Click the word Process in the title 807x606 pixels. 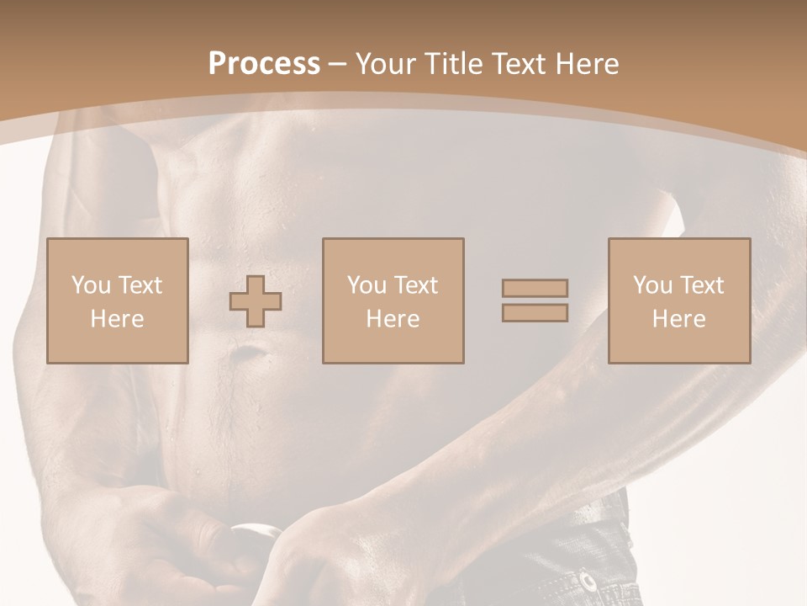click(x=264, y=64)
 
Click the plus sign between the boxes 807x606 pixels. click(x=256, y=300)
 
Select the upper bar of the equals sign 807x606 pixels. click(x=535, y=288)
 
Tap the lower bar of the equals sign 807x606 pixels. click(x=535, y=313)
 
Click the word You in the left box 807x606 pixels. click(x=91, y=285)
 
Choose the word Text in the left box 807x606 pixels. click(x=140, y=285)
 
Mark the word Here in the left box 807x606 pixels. click(x=117, y=319)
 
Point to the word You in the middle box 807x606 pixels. click(x=367, y=285)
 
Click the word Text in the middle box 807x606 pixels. click(x=416, y=285)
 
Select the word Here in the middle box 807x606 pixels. click(x=393, y=319)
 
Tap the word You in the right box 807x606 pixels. click(x=652, y=285)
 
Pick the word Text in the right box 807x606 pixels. click(x=702, y=285)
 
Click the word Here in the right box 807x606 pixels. click(x=678, y=319)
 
